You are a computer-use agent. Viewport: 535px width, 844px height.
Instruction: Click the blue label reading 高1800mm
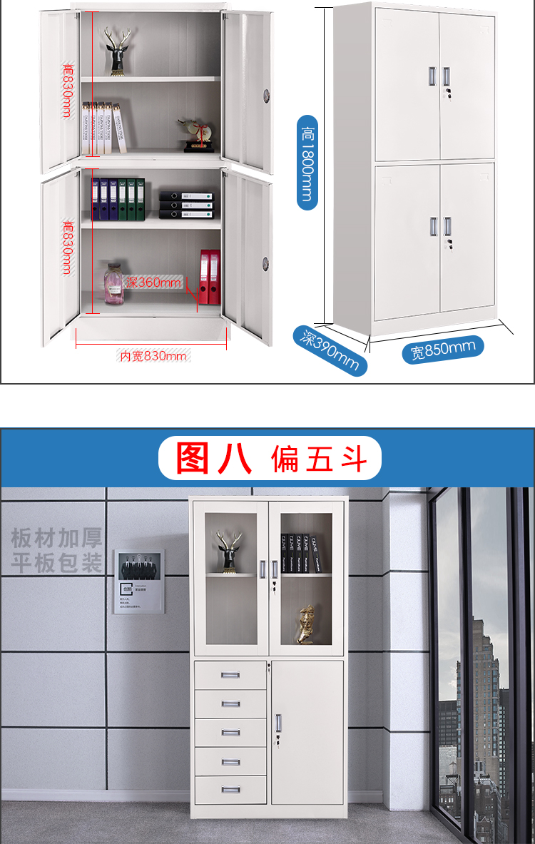point(307,162)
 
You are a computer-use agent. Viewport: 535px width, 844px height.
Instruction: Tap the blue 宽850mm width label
point(442,349)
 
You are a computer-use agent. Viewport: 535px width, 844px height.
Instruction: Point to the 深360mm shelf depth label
point(155,283)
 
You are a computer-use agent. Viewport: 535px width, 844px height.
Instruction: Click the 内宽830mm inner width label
point(153,356)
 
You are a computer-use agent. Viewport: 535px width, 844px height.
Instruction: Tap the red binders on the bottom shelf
point(210,277)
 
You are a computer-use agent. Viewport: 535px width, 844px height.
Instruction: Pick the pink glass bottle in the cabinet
point(113,283)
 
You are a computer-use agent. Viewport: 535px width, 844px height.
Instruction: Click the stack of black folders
point(185,205)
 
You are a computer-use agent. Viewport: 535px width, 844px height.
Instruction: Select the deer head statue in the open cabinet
point(117,51)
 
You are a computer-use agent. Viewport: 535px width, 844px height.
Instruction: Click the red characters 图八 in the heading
point(213,458)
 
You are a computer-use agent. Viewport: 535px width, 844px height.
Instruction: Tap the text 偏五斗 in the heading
point(320,459)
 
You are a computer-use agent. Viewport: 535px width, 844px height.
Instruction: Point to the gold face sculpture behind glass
point(305,624)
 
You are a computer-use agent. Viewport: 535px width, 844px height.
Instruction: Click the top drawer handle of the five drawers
point(230,675)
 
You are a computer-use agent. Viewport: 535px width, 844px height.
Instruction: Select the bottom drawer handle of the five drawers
point(230,790)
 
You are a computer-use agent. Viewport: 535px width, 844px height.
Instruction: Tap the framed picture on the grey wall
point(138,581)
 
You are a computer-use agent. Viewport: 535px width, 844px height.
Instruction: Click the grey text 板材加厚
point(56,538)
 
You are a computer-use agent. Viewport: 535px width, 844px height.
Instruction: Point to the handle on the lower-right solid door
point(278,722)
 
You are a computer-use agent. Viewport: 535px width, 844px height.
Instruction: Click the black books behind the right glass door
point(299,553)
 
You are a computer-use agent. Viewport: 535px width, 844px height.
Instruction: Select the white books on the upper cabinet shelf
point(103,128)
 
